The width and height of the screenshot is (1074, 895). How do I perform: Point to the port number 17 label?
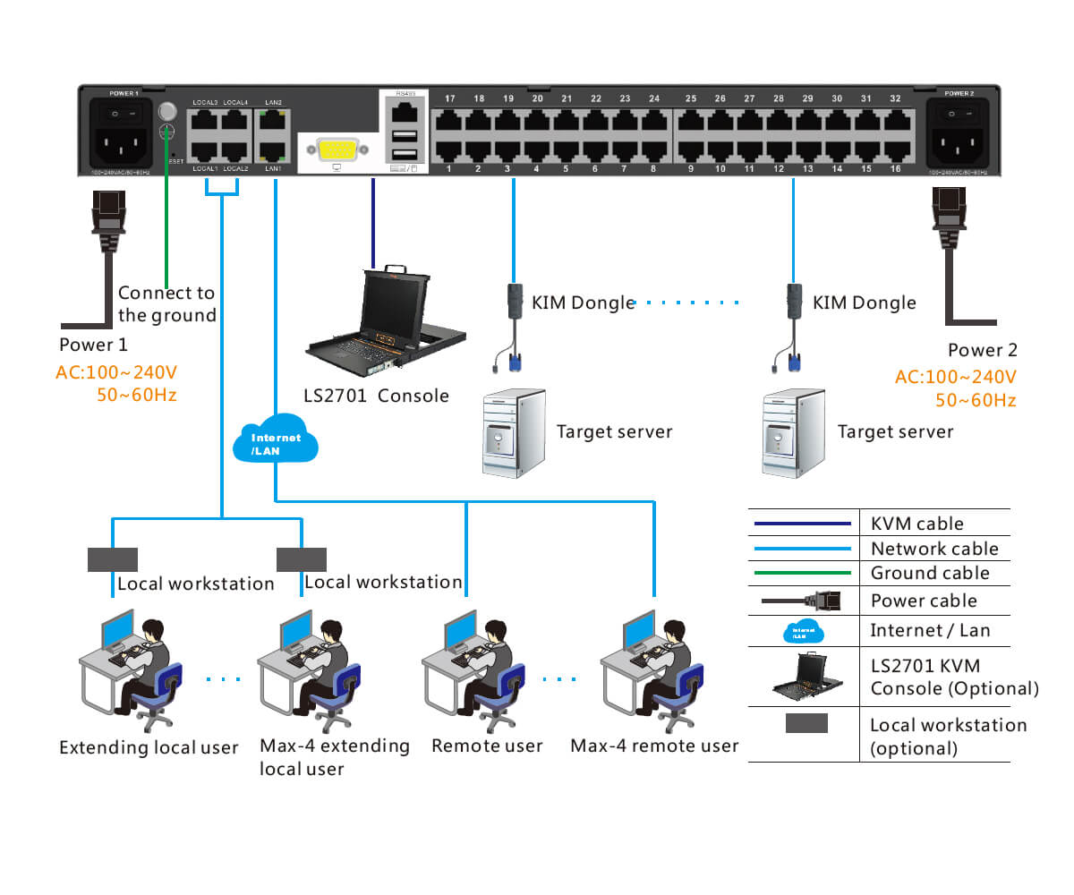click(x=449, y=98)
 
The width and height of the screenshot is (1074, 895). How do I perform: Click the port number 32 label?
click(x=895, y=98)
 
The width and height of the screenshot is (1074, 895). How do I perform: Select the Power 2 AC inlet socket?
click(x=959, y=143)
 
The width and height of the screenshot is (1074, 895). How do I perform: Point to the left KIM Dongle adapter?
click(x=514, y=304)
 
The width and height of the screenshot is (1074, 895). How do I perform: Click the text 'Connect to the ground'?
click(x=166, y=303)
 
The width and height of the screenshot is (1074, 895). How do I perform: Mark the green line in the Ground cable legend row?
click(x=800, y=573)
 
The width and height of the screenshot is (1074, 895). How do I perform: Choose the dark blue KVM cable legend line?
click(x=800, y=524)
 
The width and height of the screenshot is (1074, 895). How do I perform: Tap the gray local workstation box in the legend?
click(x=806, y=724)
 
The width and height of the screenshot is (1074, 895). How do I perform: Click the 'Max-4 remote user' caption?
click(x=654, y=746)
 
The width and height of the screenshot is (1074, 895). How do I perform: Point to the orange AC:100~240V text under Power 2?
click(x=956, y=377)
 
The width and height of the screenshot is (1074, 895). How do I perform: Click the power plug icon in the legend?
click(x=800, y=601)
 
